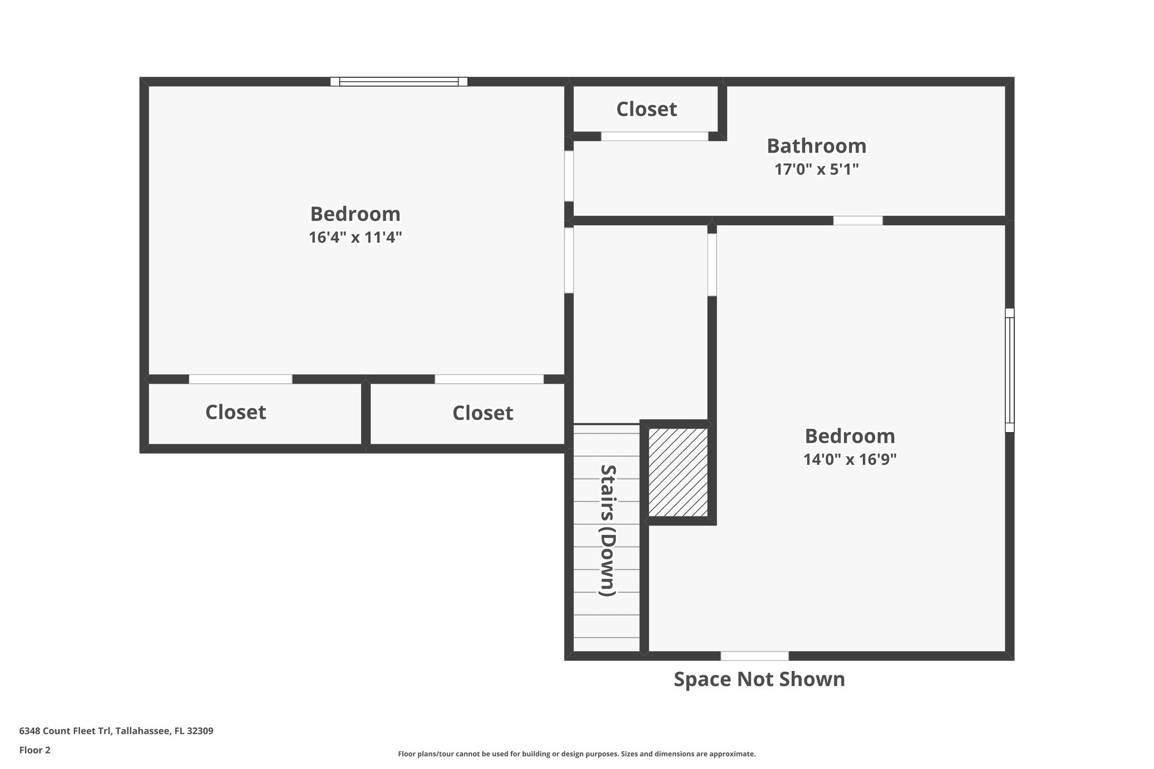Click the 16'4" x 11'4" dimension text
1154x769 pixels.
point(355,237)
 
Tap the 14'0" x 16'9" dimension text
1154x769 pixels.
point(850,460)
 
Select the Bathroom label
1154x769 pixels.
point(816,146)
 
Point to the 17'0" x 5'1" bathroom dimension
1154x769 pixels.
point(816,169)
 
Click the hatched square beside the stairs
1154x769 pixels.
point(678,472)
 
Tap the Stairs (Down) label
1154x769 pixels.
point(607,530)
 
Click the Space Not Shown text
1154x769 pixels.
point(759,679)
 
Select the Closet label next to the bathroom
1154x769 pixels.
point(646,109)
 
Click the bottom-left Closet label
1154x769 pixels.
point(236,412)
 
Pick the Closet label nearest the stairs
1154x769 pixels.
point(482,413)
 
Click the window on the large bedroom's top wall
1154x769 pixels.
point(399,82)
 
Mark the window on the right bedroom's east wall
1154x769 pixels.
point(1010,370)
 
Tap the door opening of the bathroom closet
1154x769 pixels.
point(654,136)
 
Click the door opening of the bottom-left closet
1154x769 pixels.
point(241,379)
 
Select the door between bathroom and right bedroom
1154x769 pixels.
point(858,221)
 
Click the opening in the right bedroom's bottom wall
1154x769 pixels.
point(754,656)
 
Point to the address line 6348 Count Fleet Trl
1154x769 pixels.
point(116,731)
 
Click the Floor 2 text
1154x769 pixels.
point(35,750)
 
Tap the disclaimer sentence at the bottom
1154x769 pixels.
point(576,754)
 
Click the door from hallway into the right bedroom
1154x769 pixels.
point(712,265)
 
